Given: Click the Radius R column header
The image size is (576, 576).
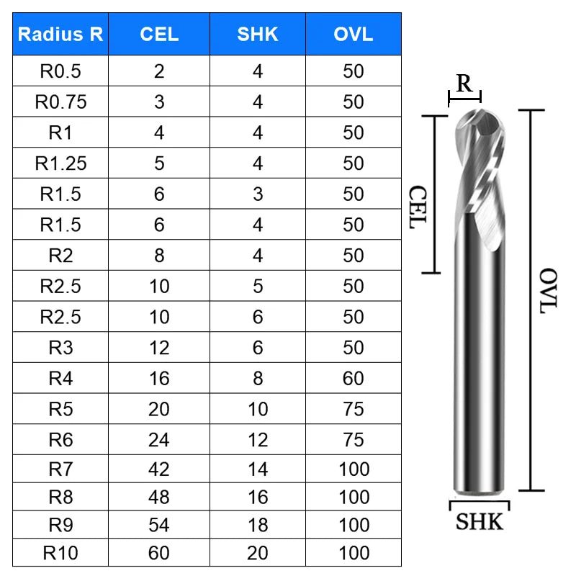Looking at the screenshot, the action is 60,34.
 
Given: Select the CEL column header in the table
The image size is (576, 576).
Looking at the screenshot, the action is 159,34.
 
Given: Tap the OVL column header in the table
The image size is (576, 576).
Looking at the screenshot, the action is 353,34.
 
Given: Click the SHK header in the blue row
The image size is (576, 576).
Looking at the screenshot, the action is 258,34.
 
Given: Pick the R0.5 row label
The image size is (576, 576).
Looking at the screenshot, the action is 60,71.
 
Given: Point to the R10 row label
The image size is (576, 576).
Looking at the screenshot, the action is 60,552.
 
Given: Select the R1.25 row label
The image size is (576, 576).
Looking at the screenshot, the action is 60,163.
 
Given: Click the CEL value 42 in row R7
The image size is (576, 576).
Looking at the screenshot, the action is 158,469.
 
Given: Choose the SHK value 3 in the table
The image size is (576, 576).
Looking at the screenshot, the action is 258,194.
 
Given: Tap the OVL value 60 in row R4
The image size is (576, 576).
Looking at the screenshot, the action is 353,378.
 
